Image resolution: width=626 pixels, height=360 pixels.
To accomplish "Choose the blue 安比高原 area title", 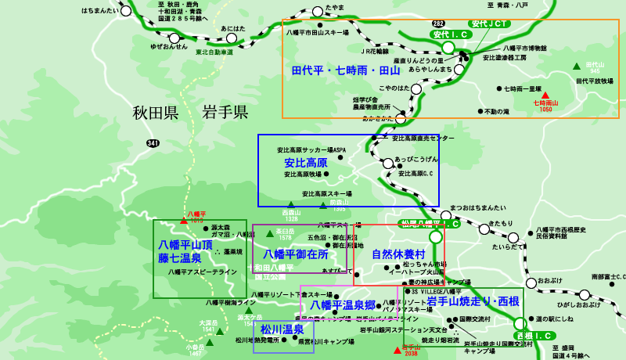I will [x=304, y=162].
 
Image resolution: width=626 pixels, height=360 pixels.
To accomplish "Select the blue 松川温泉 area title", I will [x=282, y=329].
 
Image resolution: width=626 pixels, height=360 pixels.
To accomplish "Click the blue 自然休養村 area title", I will [x=398, y=254].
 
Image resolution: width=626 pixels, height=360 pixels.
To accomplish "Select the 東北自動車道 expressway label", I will [x=214, y=52].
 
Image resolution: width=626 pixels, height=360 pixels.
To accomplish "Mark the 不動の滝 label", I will [x=496, y=112].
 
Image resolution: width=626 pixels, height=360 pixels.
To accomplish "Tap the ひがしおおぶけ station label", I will [x=577, y=304].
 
